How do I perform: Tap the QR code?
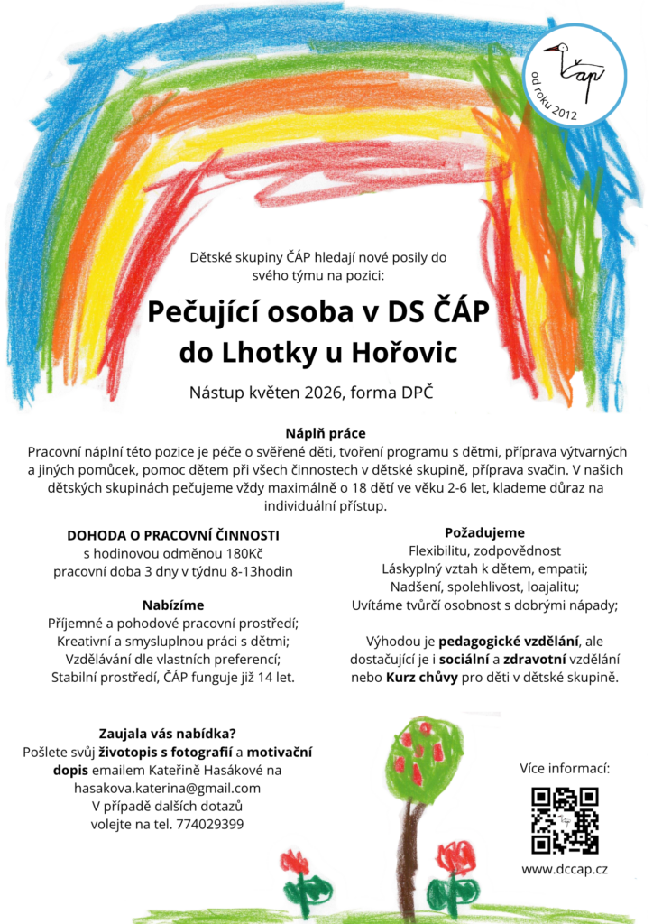coord(565,820)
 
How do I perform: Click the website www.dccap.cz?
coord(565,869)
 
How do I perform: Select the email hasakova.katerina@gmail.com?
coord(167,788)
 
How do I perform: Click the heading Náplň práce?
coord(326,433)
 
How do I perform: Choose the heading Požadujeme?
coord(484,532)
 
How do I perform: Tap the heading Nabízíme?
coord(173,604)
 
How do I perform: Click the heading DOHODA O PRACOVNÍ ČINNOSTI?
coord(173,534)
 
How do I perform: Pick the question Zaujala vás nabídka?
coord(167,734)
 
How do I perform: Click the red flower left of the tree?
coord(294,862)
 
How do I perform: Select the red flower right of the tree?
coord(455,856)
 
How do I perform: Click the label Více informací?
coord(565,769)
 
